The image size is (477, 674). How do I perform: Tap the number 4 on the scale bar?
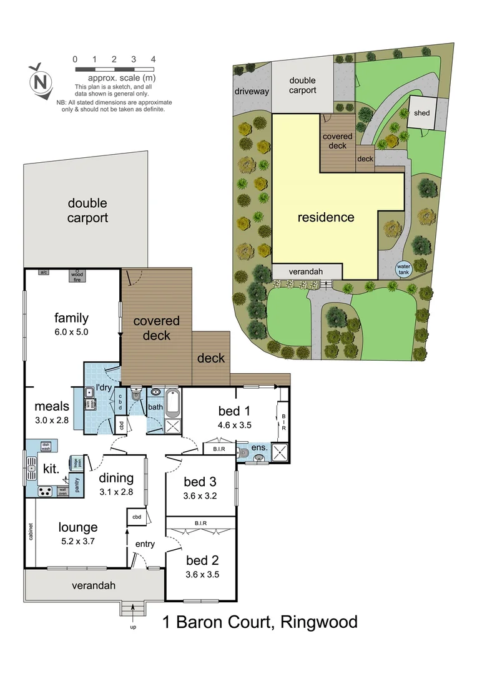pos(153,59)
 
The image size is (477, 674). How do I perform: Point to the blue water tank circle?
pos(404,269)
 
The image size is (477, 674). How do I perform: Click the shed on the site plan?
pos(421,113)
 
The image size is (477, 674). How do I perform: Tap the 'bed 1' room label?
pos(234,411)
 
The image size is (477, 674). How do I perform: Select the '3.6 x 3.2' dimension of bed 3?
pos(200,497)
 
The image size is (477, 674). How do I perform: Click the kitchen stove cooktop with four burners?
pos(46,491)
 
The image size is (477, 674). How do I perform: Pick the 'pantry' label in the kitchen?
pos(77,486)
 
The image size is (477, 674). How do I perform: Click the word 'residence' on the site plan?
pos(325,218)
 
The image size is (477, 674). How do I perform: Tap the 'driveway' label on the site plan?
pos(252,92)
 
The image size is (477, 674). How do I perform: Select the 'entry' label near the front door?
pos(145,544)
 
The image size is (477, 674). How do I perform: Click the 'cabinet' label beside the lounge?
pos(30,530)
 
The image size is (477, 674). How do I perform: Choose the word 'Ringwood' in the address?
pos(319,622)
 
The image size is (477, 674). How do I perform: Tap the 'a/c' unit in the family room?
pos(44,273)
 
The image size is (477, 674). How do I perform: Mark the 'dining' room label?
pos(116,479)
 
